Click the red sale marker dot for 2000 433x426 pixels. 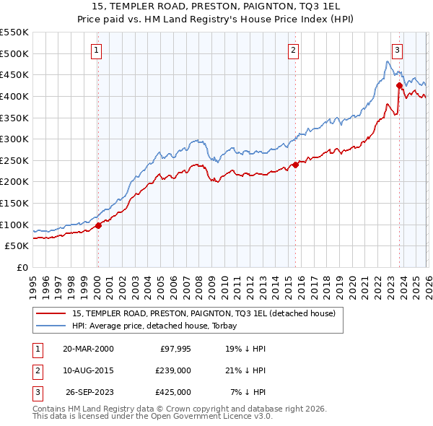coord(99,225)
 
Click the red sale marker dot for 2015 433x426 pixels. coord(295,165)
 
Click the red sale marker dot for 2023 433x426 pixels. coord(399,85)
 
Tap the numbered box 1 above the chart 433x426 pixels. coord(97,50)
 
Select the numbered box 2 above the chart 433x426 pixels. coord(294,50)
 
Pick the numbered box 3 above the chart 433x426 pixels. coord(398,50)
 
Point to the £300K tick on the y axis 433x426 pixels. coord(14,139)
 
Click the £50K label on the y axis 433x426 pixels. coord(17,246)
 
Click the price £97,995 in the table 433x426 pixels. coord(174,348)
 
